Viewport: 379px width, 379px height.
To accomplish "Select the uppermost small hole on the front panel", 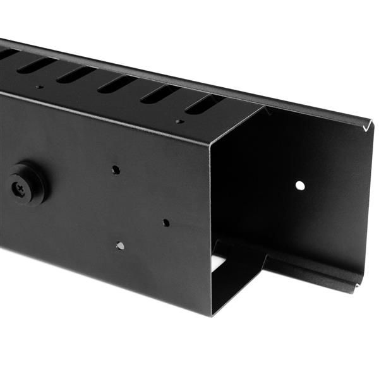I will (116, 169).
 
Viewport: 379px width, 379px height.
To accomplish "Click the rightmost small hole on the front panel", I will (165, 223).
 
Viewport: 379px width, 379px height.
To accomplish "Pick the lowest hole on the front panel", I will (120, 246).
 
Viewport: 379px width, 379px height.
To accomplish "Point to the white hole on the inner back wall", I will (300, 186).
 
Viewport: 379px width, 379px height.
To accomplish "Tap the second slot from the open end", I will (160, 95).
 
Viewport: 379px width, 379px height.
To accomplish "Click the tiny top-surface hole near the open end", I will (180, 121).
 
